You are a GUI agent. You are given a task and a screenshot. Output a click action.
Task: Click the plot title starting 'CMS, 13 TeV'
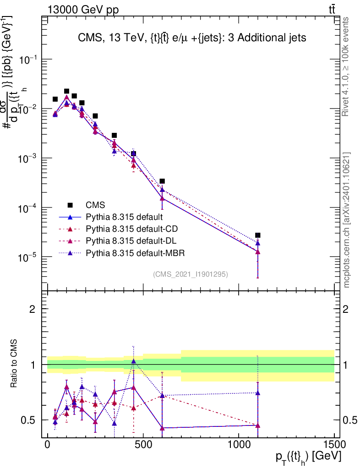coord(192,38)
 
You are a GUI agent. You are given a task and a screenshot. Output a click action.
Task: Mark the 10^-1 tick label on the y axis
coord(29,60)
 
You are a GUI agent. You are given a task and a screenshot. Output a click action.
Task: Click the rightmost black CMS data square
coord(258,235)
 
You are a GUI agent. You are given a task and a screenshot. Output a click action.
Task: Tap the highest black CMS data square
coord(66,91)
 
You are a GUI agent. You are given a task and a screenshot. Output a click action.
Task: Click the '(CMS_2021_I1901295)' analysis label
coord(191,274)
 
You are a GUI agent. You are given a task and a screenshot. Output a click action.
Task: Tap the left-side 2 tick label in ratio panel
coord(33,309)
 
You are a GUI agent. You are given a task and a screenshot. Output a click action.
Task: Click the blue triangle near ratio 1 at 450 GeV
coord(133,361)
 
